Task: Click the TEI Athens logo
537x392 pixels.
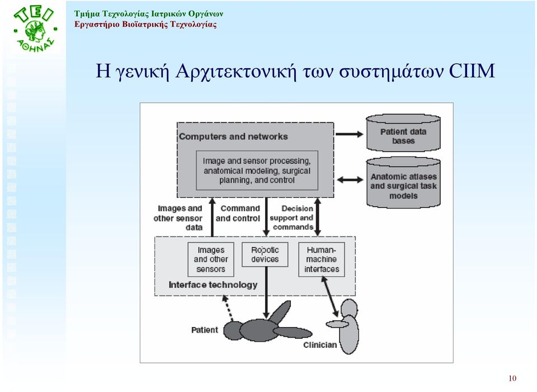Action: [x=35, y=29]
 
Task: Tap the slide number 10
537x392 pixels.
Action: [x=512, y=379]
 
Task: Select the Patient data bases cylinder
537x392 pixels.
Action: [x=403, y=133]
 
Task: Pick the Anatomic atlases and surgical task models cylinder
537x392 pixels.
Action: [x=403, y=183]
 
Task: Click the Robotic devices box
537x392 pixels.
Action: [x=265, y=254]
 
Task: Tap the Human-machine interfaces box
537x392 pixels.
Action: [x=321, y=259]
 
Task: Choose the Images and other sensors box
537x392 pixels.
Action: [x=211, y=259]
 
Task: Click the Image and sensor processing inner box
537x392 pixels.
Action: [x=257, y=171]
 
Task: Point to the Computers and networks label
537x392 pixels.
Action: [x=233, y=136]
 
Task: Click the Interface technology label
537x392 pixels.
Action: [x=213, y=285]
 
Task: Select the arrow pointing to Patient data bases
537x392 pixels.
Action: [x=349, y=134]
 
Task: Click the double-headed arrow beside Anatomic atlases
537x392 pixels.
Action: [x=350, y=180]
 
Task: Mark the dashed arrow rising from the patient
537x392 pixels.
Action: [x=228, y=308]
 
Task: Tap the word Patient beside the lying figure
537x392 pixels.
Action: [x=205, y=330]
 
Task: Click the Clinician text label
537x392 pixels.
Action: [x=320, y=345]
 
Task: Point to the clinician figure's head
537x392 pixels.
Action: [x=349, y=308]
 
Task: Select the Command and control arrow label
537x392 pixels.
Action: [x=238, y=213]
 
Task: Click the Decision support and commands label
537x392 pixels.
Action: [x=291, y=218]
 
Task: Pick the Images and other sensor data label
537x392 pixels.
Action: [x=178, y=218]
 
